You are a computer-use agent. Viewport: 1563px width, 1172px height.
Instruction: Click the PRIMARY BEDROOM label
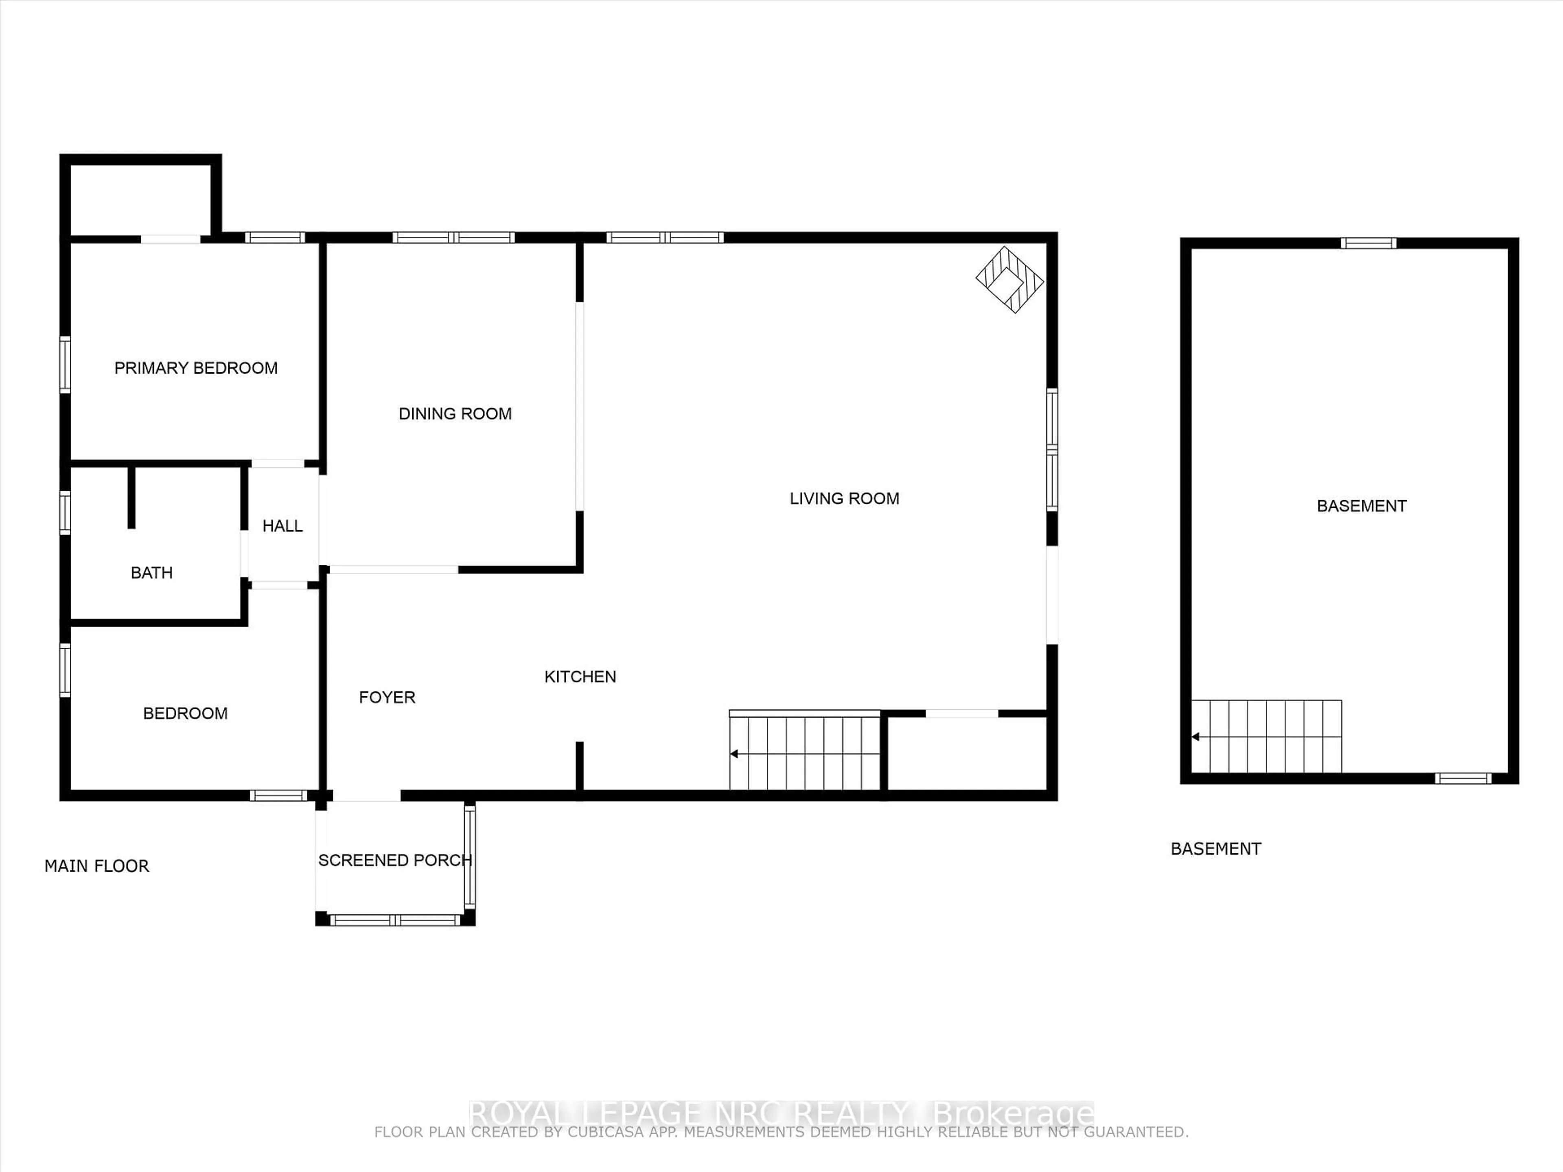196,368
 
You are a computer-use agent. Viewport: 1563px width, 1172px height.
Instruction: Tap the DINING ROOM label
455,414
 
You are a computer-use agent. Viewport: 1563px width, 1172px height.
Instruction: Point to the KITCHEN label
580,677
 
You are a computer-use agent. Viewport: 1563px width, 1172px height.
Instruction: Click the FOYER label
387,697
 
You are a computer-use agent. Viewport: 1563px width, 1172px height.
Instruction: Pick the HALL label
282,526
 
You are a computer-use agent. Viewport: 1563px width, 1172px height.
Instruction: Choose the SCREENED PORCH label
395,860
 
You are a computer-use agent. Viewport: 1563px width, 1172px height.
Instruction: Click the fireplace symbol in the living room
1010,280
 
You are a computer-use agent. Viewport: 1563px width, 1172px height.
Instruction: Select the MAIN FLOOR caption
97,866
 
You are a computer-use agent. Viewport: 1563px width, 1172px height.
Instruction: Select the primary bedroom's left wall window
65,365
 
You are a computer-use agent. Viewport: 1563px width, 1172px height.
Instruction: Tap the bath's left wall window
65,512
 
